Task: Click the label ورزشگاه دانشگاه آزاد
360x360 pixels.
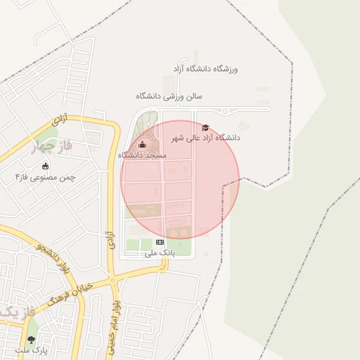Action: click(x=206, y=69)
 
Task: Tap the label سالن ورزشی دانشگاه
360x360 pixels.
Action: click(x=169, y=96)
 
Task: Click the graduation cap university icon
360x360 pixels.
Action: click(x=205, y=127)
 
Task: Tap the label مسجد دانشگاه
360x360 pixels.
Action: click(x=142, y=155)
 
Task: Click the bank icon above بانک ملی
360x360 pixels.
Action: click(x=159, y=241)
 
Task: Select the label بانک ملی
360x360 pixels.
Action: click(x=158, y=251)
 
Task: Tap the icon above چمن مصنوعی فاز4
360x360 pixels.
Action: click(x=46, y=167)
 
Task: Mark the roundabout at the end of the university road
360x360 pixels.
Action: click(x=224, y=110)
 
